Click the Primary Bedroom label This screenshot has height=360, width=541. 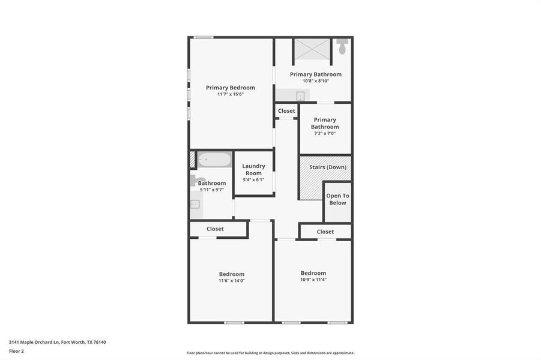pyautogui.click(x=231, y=88)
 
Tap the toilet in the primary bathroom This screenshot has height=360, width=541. pyautogui.click(x=342, y=46)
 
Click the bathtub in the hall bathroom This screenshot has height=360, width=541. pyautogui.click(x=214, y=160)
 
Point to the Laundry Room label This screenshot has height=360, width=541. pyautogui.click(x=253, y=169)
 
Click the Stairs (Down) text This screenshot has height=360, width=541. pyautogui.click(x=327, y=167)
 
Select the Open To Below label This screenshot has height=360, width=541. pyautogui.click(x=337, y=199)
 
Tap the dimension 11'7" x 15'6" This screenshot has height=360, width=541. pyautogui.click(x=231, y=94)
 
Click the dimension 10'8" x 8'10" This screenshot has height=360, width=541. pyautogui.click(x=315, y=81)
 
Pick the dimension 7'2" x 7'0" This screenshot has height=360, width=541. pyautogui.click(x=324, y=133)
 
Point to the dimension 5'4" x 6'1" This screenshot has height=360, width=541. pyautogui.click(x=253, y=179)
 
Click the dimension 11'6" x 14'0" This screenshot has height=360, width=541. pyautogui.click(x=231, y=280)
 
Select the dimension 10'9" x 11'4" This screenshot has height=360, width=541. pyautogui.click(x=313, y=280)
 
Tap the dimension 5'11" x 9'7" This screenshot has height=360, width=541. pyautogui.click(x=212, y=190)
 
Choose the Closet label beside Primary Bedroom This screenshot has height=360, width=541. pyautogui.click(x=286, y=111)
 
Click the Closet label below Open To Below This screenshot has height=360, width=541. pyautogui.click(x=325, y=232)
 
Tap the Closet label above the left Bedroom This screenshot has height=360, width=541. pyautogui.click(x=215, y=229)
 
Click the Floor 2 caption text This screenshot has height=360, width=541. pyautogui.click(x=16, y=351)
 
